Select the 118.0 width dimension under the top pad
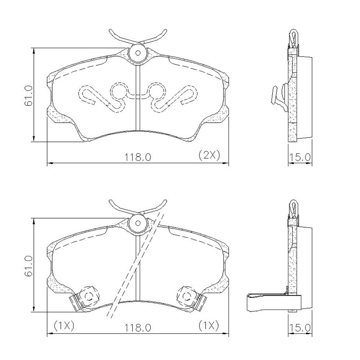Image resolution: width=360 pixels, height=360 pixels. click(138, 157)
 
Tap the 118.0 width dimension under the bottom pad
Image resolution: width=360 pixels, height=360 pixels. click(138, 328)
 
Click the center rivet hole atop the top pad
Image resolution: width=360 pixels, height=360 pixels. click(138, 53)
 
